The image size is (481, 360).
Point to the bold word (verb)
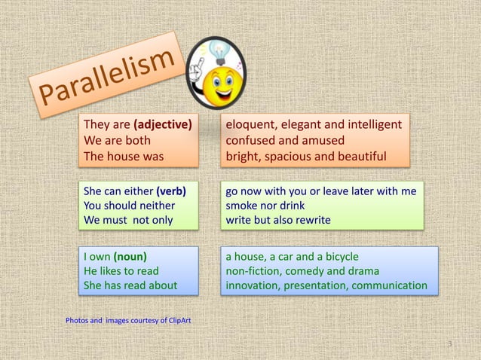coord(171,191)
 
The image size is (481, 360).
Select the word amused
coord(322,140)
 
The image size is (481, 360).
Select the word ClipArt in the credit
coord(175,321)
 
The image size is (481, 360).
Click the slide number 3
coord(449,344)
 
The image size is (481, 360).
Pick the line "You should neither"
coord(129,206)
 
